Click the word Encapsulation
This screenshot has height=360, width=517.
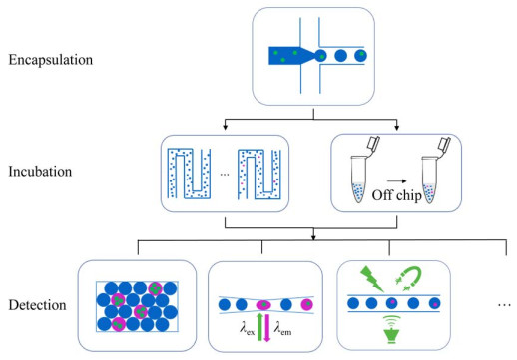[x=51, y=60]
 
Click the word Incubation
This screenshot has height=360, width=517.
[x=40, y=172]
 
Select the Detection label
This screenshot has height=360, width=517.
[x=37, y=305]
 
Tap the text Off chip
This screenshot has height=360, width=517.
[x=397, y=195]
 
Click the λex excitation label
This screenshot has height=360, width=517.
[x=247, y=329]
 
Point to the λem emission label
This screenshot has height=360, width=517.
[x=282, y=329]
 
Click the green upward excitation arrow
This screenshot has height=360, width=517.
[x=260, y=327]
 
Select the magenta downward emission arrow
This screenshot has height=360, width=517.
[x=267, y=328]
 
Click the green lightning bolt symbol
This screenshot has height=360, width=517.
[x=371, y=279]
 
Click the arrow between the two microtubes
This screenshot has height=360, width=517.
[x=396, y=181]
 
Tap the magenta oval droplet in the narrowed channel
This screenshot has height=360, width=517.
[x=263, y=304]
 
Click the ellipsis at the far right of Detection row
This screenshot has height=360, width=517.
[x=504, y=304]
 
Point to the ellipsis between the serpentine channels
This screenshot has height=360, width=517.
[x=225, y=174]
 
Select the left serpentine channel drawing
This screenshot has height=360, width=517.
[x=189, y=174]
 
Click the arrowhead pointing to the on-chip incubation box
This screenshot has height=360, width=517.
[x=226, y=128]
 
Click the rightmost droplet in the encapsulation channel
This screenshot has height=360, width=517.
[x=360, y=56]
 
